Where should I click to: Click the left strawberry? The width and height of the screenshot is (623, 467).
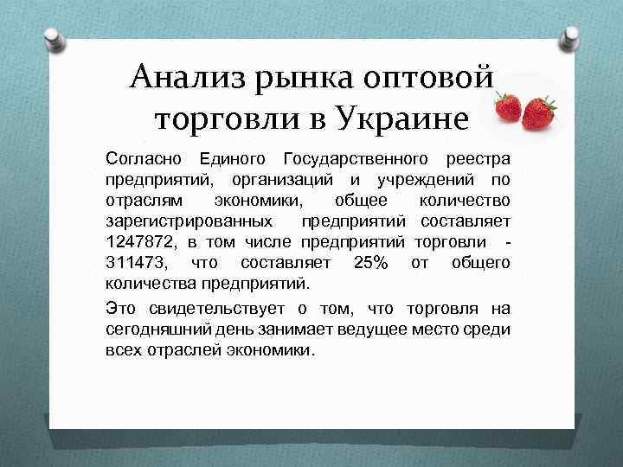[x=508, y=108]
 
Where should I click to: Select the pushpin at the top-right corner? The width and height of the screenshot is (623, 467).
[x=571, y=37]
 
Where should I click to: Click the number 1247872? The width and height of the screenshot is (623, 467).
[x=138, y=242]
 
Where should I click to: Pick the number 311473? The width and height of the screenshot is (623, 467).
[x=138, y=263]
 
